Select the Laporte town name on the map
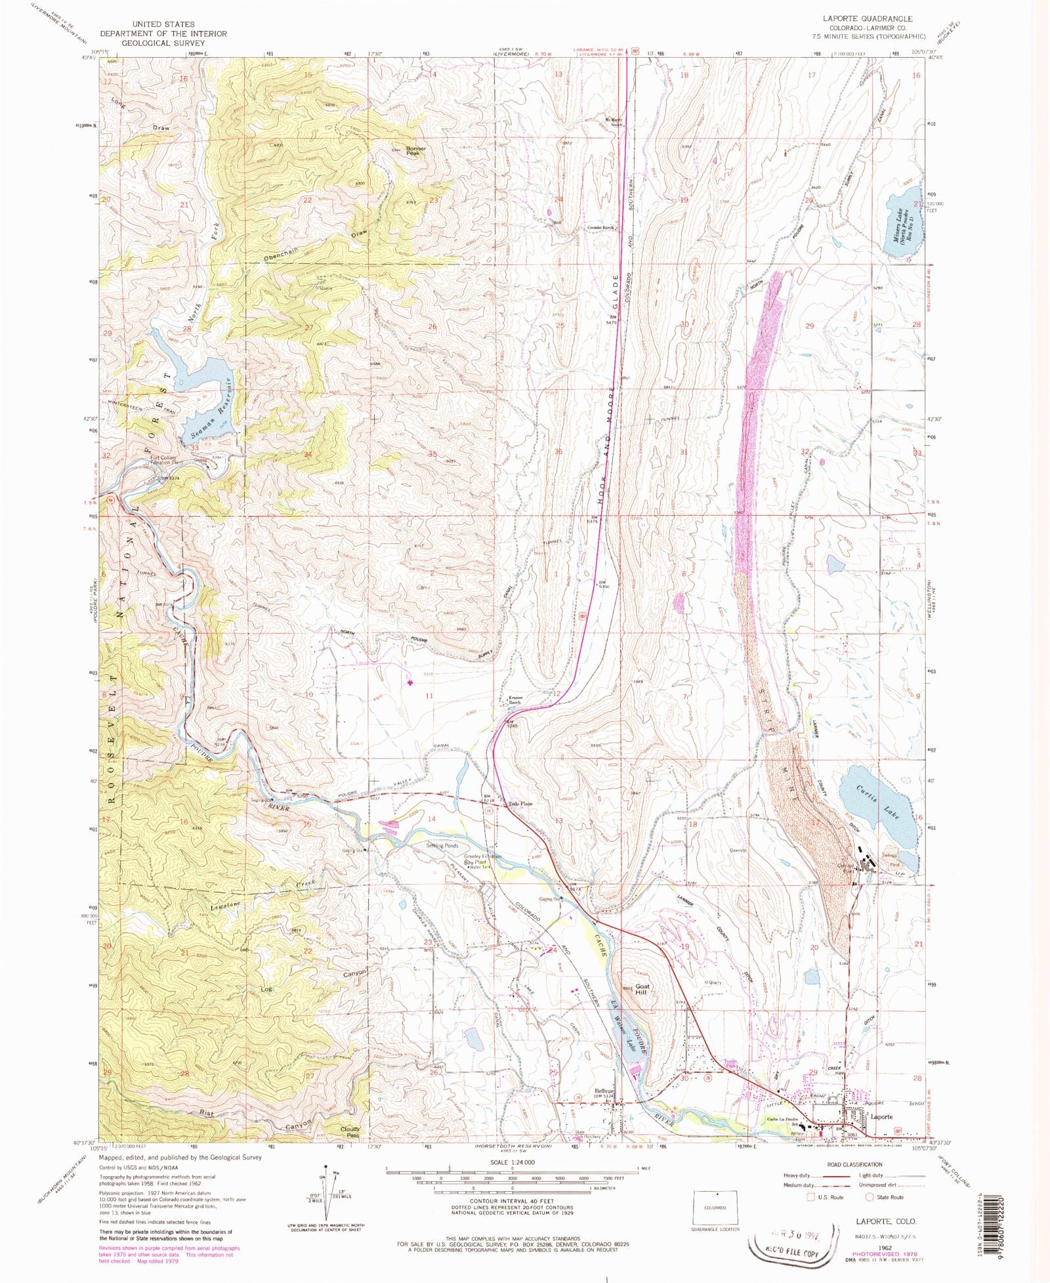[x=881, y=1116]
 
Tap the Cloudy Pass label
[x=350, y=1132]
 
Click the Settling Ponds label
[x=443, y=846]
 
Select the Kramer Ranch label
[x=514, y=700]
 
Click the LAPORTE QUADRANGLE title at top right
[x=862, y=19]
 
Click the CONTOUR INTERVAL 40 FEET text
[x=513, y=1202]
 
